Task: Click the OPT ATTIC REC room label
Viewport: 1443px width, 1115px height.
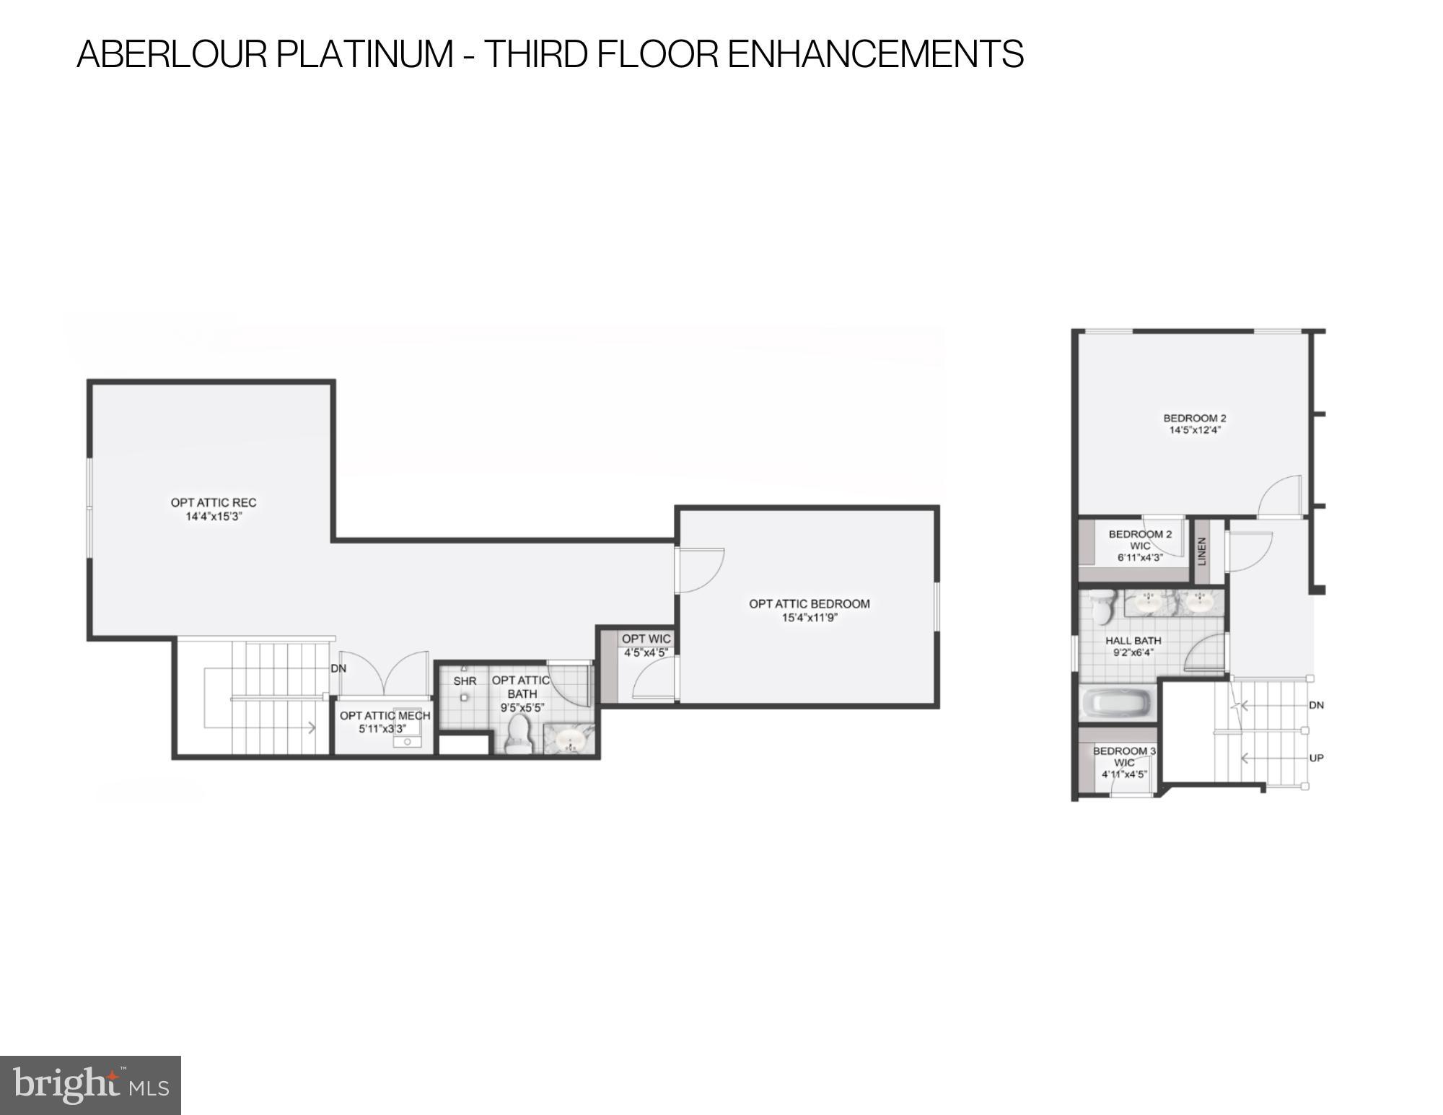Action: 214,503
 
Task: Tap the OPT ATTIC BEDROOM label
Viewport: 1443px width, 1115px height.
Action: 809,604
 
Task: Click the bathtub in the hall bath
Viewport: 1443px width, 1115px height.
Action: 1118,703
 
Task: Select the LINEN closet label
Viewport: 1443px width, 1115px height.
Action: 1202,551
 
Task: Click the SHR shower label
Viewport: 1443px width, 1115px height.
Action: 465,681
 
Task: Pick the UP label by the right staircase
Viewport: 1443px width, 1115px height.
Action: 1316,758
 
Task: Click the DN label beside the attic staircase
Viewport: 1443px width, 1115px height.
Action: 338,669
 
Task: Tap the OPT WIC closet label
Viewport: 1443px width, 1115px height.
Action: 646,639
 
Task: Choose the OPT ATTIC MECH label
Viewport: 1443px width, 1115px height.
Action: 385,716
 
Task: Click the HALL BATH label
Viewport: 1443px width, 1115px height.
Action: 1133,641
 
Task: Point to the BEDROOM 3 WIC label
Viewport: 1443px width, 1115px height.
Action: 1124,757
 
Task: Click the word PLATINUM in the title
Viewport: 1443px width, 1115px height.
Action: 364,54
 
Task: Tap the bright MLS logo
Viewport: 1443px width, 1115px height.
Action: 91,1085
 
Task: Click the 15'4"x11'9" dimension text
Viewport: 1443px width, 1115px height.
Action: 809,618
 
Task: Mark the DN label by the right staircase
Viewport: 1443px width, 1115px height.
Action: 1316,705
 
